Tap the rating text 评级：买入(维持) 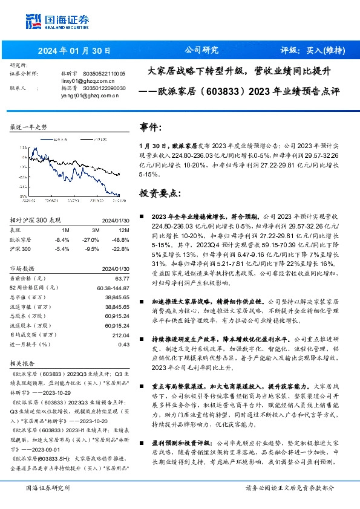tap(308, 51)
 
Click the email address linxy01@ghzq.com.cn tap(85, 80)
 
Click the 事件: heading tap(150, 128)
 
